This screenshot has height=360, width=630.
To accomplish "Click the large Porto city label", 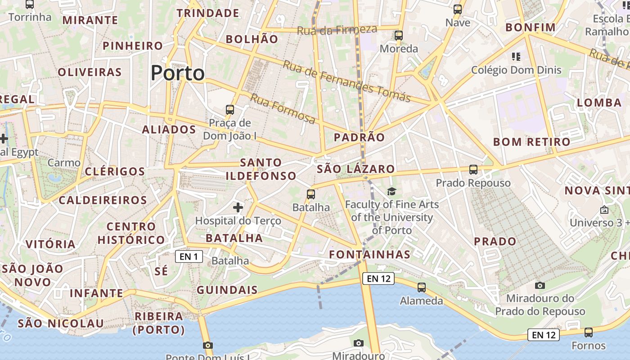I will point(177,73).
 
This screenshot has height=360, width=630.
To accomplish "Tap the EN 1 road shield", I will point(189,257).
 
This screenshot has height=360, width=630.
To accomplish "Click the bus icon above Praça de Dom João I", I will point(230,109).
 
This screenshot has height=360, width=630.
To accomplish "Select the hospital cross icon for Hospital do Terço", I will point(238,207).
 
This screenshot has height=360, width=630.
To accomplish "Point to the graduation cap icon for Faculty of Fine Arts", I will point(392,191).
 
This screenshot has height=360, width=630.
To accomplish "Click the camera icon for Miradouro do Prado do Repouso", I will point(540,285).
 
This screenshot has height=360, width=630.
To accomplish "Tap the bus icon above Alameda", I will point(422,288).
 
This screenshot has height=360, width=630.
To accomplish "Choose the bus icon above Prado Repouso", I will point(473,170).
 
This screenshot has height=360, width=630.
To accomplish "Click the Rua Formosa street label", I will point(283,109).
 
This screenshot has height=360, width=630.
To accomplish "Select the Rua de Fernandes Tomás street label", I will point(346,81).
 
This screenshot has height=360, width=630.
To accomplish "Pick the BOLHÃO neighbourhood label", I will point(252,39).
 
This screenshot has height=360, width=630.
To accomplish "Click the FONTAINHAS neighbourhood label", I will point(370,255).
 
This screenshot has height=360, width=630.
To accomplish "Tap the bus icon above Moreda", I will point(399,36).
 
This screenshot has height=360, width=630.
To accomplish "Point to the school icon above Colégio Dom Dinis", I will point(516,57).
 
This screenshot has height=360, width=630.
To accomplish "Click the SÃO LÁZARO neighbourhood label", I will point(356,169).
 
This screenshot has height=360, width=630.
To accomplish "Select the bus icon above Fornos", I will point(589,333).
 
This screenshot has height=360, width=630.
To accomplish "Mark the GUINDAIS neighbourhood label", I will point(227,290).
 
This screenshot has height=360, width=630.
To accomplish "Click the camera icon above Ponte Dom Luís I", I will point(207,346).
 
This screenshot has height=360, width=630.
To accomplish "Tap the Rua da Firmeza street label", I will point(337,30).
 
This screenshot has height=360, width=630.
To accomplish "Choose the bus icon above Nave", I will point(458,9).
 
